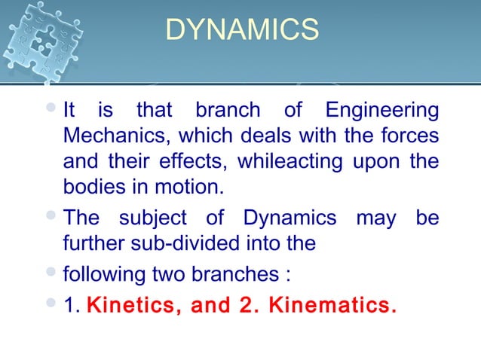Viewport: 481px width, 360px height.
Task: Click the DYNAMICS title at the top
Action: pyautogui.click(x=241, y=31)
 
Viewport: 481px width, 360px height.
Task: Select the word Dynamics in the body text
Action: pyautogui.click(x=290, y=219)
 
